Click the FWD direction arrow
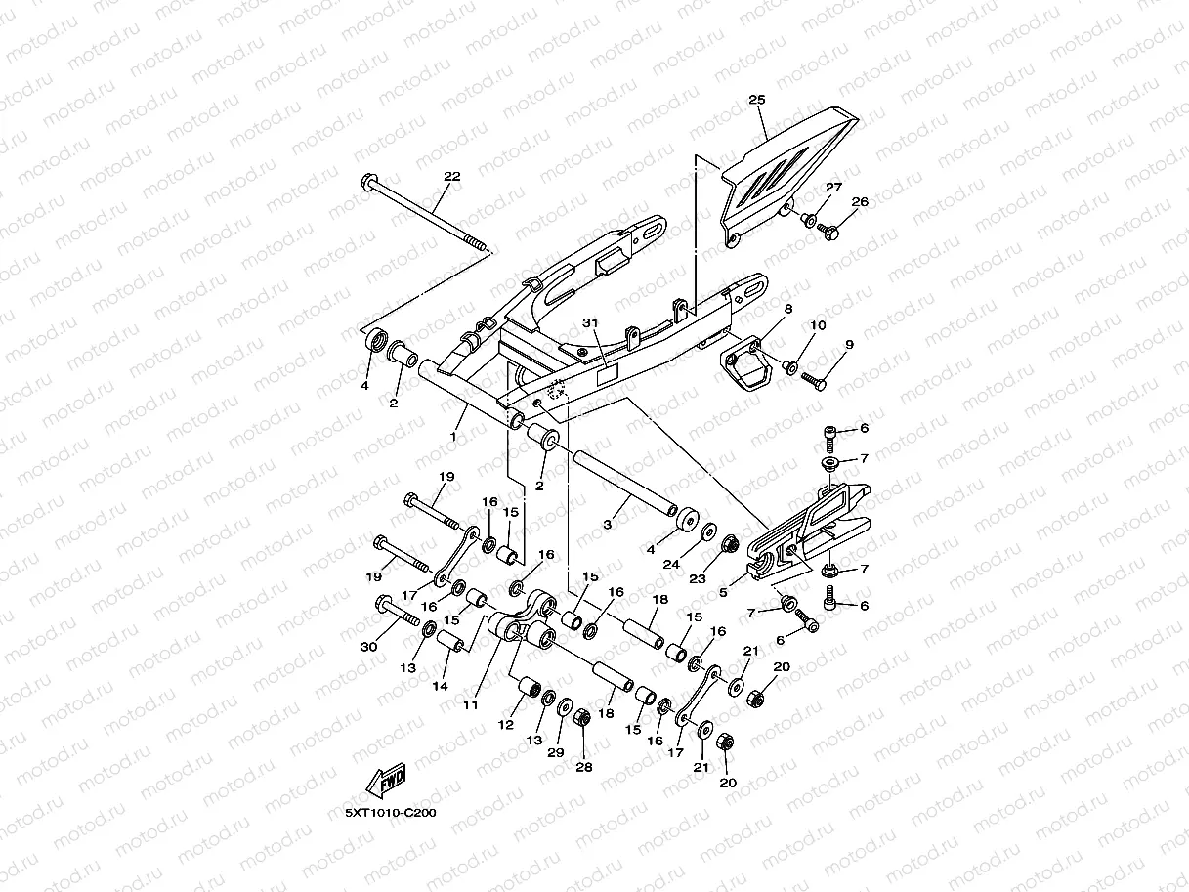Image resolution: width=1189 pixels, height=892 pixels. [386, 781]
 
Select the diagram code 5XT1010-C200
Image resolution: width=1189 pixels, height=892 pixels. [391, 813]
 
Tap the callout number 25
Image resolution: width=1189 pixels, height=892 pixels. [757, 100]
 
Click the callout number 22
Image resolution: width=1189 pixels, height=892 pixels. [451, 176]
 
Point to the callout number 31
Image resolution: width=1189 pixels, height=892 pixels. [590, 322]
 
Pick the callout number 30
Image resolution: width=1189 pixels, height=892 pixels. [369, 647]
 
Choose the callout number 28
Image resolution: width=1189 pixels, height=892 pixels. [584, 767]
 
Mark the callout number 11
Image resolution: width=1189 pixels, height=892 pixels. [471, 704]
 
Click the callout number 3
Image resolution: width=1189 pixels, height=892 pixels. [608, 525]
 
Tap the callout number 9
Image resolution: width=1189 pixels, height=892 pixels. [849, 345]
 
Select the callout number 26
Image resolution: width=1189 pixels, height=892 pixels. [860, 202]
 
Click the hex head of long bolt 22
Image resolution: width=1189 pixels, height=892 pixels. [369, 182]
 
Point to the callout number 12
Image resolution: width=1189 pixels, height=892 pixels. [505, 725]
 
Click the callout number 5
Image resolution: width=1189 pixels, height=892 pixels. [723, 592]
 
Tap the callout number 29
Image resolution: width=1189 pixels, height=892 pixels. [556, 752]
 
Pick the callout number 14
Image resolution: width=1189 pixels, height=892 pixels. [440, 686]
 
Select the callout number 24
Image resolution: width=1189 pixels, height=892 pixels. [671, 565]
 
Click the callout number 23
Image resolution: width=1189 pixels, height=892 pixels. [698, 579]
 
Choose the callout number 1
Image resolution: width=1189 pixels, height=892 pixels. [453, 437]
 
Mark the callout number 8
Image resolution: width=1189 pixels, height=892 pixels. [788, 309]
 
